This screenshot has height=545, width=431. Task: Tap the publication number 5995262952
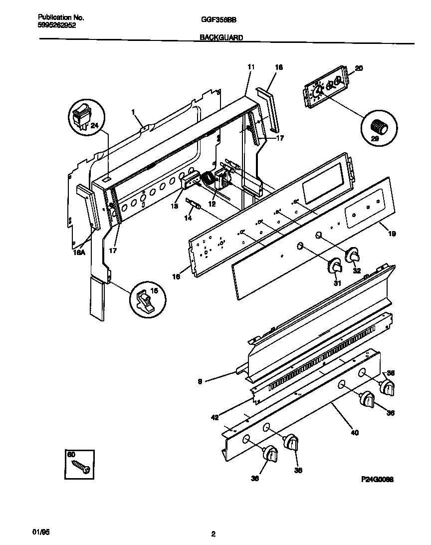tap(57, 25)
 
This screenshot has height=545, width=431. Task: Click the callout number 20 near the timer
tap(359, 68)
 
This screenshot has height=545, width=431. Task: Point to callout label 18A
tap(80, 253)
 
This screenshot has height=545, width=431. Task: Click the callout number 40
tap(355, 433)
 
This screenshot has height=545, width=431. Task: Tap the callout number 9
tap(200, 382)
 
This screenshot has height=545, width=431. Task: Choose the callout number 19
tap(392, 233)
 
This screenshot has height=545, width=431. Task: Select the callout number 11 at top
tap(250, 66)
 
